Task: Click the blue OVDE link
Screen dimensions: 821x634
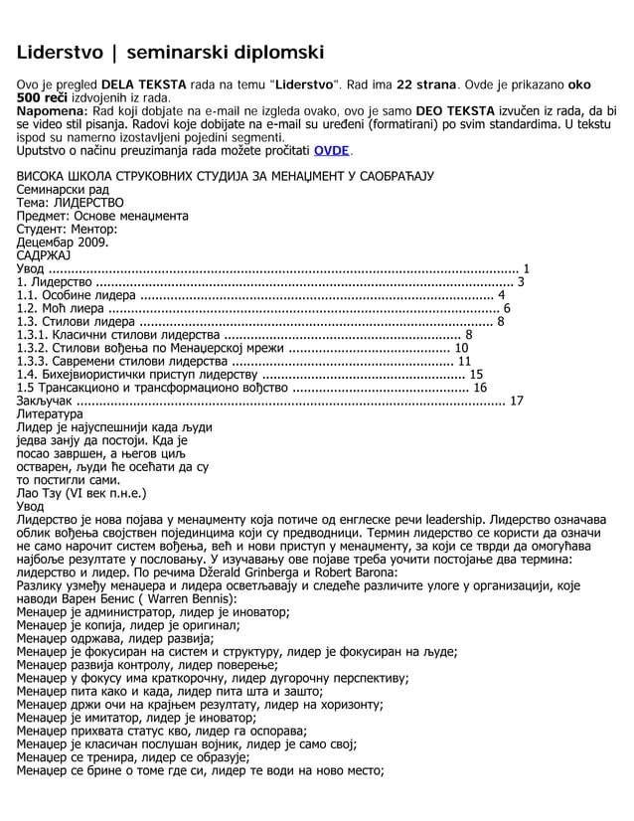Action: point(331,151)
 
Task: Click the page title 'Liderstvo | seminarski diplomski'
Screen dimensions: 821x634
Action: point(170,52)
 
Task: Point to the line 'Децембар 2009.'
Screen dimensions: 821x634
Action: point(64,241)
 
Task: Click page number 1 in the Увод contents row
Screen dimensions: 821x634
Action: point(526,267)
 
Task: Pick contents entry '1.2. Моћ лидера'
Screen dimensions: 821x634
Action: point(66,308)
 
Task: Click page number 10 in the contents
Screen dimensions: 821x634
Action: point(461,349)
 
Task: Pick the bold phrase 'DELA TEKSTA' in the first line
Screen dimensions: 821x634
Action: point(140,86)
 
